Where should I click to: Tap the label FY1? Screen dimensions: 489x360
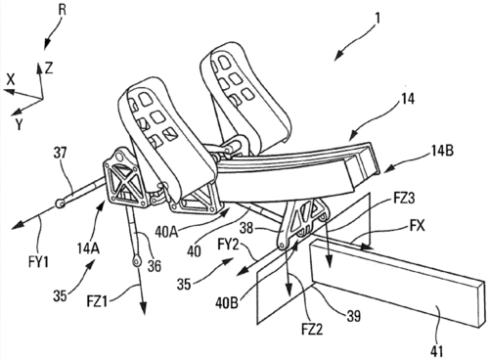point(38,262)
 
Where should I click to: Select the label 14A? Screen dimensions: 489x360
point(88,249)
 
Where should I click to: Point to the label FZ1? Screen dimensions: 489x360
point(98,301)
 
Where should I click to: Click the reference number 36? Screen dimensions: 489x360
point(154,265)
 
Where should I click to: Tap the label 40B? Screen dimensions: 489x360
point(226,302)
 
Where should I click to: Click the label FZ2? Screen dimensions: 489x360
point(312,329)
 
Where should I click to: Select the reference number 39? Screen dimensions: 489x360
point(352,315)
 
